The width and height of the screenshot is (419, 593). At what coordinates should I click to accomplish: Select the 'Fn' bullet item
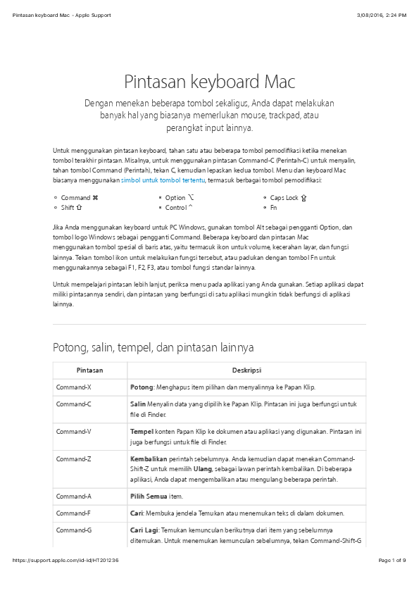click(273, 208)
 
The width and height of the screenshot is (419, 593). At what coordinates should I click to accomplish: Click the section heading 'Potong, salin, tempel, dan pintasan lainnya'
click(154, 347)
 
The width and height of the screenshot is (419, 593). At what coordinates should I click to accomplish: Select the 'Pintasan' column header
click(89, 370)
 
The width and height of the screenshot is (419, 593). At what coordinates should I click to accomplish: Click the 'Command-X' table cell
click(73, 387)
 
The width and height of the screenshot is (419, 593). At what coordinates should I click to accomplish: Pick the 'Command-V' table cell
click(73, 431)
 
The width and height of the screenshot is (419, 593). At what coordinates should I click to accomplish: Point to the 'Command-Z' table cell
click(73, 458)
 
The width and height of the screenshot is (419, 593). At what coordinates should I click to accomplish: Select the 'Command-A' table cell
click(73, 497)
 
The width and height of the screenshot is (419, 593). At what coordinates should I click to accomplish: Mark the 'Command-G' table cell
click(73, 529)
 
